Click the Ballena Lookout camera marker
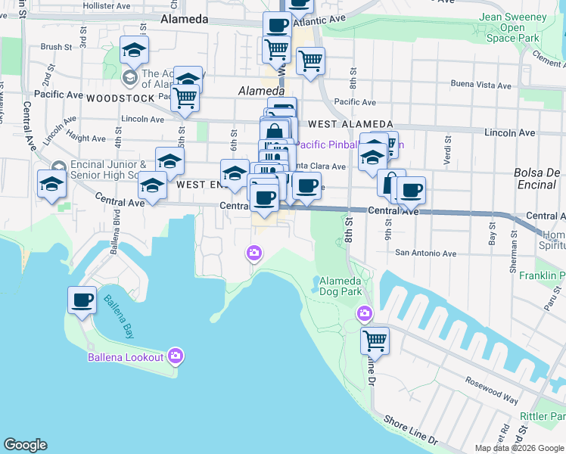[176, 355]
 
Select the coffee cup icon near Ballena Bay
[82, 300]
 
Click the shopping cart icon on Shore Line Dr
[375, 340]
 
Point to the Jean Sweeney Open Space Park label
[512, 28]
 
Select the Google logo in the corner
[25, 445]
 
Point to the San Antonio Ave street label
[427, 253]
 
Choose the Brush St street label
[56, 47]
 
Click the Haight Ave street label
[87, 138]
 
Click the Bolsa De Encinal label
[539, 178]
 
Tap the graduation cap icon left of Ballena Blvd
[51, 184]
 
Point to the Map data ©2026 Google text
[518, 448]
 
